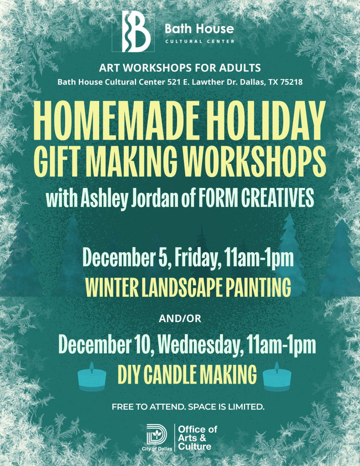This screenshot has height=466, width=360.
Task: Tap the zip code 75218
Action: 289,82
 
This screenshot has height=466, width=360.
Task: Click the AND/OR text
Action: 180,319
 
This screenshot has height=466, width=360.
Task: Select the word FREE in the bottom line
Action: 122,406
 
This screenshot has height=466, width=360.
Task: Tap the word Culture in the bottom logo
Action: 194,447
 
